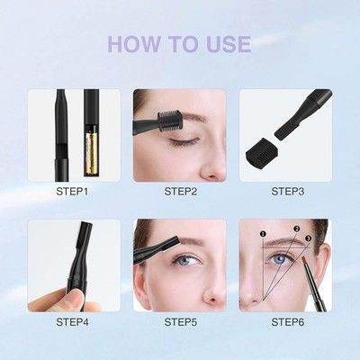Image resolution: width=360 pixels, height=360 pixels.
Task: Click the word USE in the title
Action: pyautogui.click(x=229, y=44)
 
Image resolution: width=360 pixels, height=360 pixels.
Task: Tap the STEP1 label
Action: pyautogui.click(x=72, y=192)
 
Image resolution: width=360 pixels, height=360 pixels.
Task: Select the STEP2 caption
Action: pyautogui.click(x=181, y=192)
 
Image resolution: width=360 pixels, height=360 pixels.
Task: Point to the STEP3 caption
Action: pyautogui.click(x=288, y=192)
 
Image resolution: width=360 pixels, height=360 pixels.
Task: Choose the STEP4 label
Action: pyautogui.click(x=72, y=322)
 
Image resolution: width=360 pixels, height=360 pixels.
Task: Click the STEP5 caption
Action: pyautogui.click(x=181, y=322)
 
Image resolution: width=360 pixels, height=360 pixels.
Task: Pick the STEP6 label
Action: pyautogui.click(x=288, y=322)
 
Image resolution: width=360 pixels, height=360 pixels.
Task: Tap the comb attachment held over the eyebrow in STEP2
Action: pyautogui.click(x=169, y=121)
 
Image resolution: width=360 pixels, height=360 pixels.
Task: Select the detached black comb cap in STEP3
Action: pyautogui.click(x=260, y=151)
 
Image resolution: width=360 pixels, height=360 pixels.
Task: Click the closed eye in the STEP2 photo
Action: pyautogui.click(x=184, y=140)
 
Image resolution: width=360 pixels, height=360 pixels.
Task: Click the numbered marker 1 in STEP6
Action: pyautogui.click(x=263, y=233)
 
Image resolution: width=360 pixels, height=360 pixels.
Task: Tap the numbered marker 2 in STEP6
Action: pyautogui.click(x=297, y=229)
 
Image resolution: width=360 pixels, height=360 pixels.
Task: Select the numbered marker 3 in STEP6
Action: pyautogui.click(x=308, y=238)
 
